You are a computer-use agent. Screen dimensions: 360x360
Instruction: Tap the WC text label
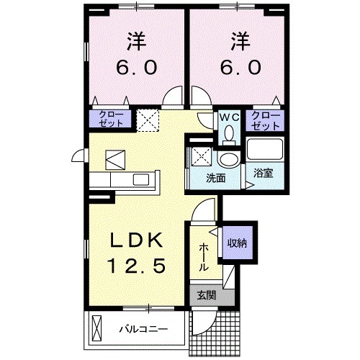point(229,116)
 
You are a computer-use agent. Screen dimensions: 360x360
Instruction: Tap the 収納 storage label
point(238,243)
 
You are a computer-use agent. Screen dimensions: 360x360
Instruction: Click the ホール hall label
point(203,256)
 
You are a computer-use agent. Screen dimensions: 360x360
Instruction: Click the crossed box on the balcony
point(99,330)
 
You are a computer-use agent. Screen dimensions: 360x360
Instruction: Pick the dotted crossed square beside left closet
point(148,120)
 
